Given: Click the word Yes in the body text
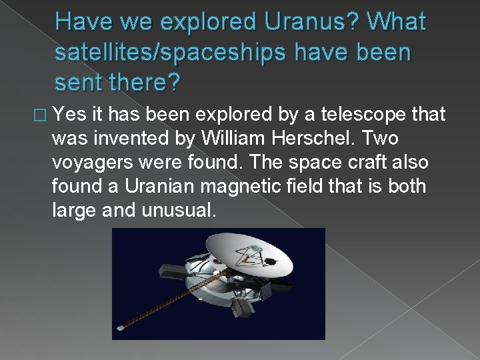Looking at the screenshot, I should tap(69, 115).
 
